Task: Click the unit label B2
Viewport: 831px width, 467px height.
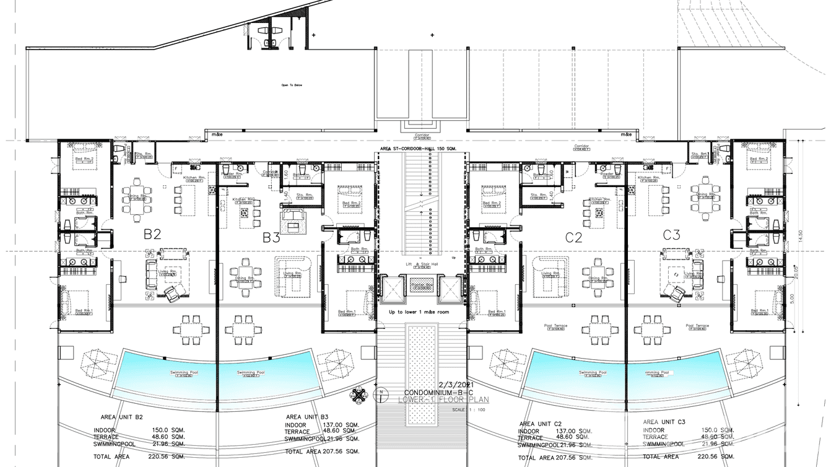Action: click(152, 234)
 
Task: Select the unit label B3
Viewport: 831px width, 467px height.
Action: click(271, 237)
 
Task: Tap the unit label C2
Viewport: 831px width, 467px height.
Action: click(573, 237)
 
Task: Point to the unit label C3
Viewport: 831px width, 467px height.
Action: click(672, 235)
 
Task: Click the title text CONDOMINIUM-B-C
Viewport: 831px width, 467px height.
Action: click(435, 393)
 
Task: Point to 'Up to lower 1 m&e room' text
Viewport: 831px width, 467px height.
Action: click(419, 312)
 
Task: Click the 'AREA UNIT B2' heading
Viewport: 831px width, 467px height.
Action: click(116, 417)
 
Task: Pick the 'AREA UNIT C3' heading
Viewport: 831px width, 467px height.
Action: click(666, 421)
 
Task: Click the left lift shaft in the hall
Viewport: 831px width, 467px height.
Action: click(392, 287)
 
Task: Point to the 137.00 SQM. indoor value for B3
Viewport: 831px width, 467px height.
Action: click(343, 425)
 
